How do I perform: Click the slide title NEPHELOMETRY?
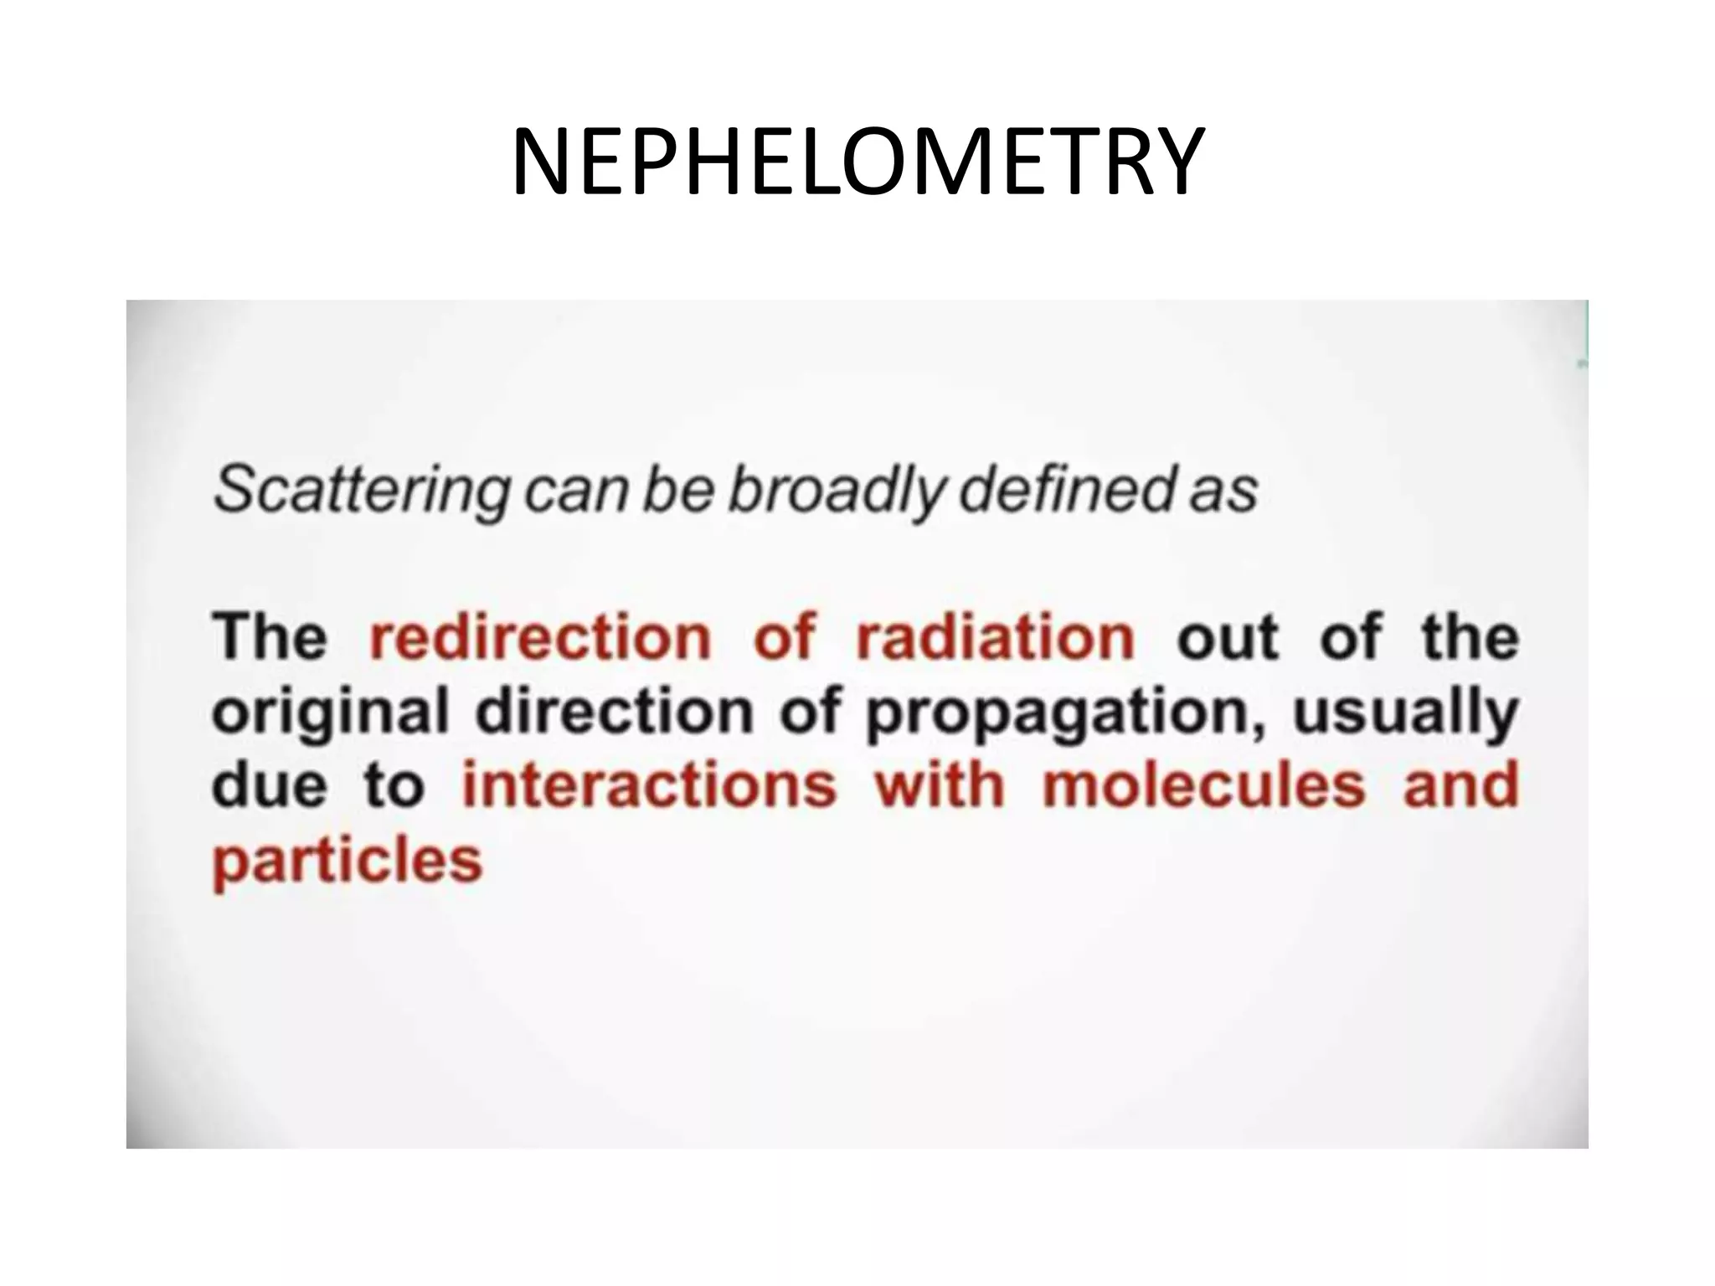pyautogui.click(x=857, y=162)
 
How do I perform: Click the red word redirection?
pyautogui.click(x=540, y=638)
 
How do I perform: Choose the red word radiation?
pyautogui.click(x=996, y=638)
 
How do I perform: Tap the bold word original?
pyautogui.click(x=331, y=713)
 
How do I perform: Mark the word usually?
pyautogui.click(x=1406, y=713)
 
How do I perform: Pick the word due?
pyautogui.click(x=269, y=786)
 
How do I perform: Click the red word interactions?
pyautogui.click(x=649, y=786)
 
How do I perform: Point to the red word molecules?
pyautogui.click(x=1204, y=786)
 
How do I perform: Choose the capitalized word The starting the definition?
pyautogui.click(x=270, y=638)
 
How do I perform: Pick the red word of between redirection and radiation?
pyautogui.click(x=784, y=638)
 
